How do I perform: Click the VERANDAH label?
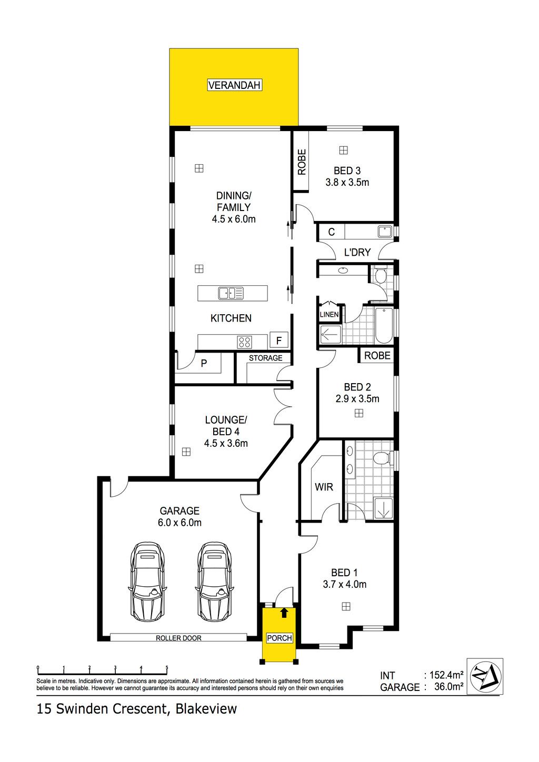click(234, 85)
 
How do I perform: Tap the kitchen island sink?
click(231, 293)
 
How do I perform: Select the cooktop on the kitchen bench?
click(245, 342)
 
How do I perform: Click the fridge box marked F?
click(279, 340)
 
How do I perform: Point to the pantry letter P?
click(204, 363)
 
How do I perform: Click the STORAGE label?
click(265, 358)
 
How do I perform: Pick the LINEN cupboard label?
click(329, 315)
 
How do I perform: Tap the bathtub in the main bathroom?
click(384, 326)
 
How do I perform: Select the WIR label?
click(324, 487)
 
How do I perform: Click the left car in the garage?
click(147, 582)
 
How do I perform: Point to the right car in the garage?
click(214, 582)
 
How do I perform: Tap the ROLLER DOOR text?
click(178, 638)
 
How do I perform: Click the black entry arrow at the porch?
click(284, 613)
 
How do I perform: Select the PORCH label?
click(280, 638)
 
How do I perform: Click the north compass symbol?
click(485, 677)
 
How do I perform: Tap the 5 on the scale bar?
click(167, 667)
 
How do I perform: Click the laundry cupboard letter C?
click(332, 232)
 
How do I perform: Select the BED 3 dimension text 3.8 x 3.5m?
click(347, 182)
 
